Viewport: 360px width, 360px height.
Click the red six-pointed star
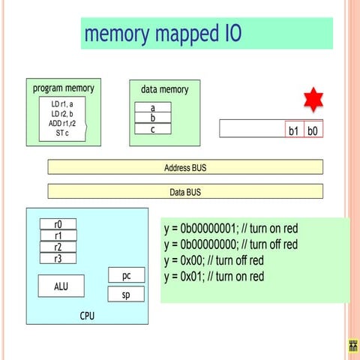(312, 100)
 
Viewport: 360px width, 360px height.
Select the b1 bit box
(294, 130)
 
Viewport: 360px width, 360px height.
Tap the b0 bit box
(313, 130)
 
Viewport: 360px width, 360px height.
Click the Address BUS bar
(185, 167)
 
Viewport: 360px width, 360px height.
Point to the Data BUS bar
(185, 191)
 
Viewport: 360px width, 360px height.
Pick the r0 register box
(58, 223)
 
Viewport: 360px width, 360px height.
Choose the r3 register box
(58, 258)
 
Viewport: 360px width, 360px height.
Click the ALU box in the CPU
(61, 286)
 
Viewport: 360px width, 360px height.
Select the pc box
(126, 275)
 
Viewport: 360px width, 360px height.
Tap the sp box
(126, 294)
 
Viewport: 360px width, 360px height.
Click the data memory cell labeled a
(153, 108)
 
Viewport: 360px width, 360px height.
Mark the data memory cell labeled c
(153, 129)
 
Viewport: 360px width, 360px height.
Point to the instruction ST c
(62, 133)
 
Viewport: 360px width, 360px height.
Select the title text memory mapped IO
(163, 34)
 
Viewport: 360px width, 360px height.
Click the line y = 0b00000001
(230, 229)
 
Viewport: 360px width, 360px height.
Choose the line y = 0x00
(214, 260)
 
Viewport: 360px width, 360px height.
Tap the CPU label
(88, 316)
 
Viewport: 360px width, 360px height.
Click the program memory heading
(64, 88)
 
